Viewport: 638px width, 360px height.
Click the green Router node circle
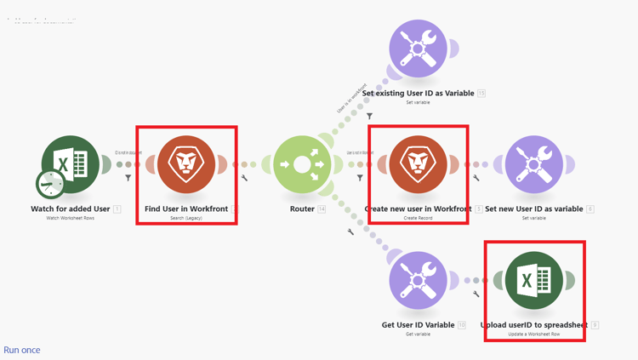[302, 164]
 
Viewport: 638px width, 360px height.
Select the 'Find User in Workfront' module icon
[186, 164]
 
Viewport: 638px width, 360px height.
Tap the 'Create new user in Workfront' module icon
[418, 164]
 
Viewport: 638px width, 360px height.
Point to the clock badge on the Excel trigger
[50, 183]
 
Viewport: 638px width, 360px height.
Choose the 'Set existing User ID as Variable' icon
[418, 49]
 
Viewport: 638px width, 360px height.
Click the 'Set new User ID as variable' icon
[533, 164]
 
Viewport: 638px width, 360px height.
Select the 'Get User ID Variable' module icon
[418, 280]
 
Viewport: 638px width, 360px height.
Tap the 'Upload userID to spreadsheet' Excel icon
[533, 280]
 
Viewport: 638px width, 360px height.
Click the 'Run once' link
[22, 350]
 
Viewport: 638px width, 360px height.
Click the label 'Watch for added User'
[71, 209]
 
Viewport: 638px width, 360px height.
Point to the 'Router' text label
[302, 209]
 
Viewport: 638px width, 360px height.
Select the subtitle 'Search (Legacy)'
[186, 218]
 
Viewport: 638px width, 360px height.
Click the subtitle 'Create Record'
[418, 218]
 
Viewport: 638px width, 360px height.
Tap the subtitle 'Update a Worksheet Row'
[533, 334]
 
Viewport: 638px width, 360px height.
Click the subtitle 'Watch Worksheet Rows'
[71, 218]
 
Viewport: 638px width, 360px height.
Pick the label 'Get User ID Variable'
[418, 324]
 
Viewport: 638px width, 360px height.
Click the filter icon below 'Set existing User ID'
[369, 116]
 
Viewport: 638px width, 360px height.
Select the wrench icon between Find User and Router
[245, 178]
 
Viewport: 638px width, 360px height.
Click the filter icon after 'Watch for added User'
[128, 178]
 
